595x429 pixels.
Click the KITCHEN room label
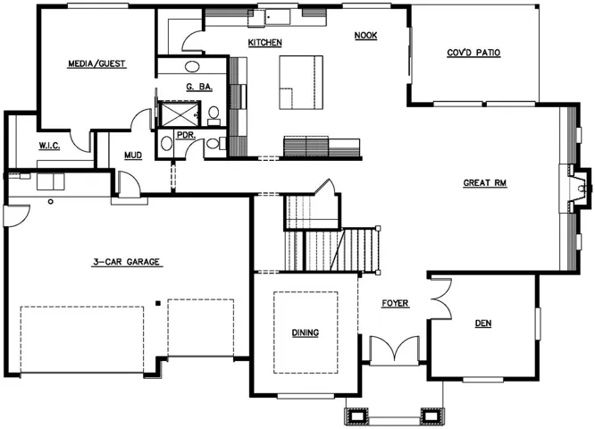pyautogui.click(x=264, y=43)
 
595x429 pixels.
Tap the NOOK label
pyautogui.click(x=365, y=36)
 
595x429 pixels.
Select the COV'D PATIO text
pyautogui.click(x=473, y=53)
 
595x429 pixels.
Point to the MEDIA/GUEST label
pyautogui.click(x=96, y=63)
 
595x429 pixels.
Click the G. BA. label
pyautogui.click(x=199, y=87)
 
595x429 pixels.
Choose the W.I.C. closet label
pyautogui.click(x=49, y=146)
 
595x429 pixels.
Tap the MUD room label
pyautogui.click(x=133, y=156)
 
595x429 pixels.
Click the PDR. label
pyautogui.click(x=187, y=135)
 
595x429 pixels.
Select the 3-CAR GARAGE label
pyautogui.click(x=126, y=262)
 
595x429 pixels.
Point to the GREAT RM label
pyautogui.click(x=485, y=183)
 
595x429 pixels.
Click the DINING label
pyautogui.click(x=305, y=333)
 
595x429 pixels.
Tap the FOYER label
pyautogui.click(x=395, y=303)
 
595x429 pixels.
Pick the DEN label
pyautogui.click(x=483, y=324)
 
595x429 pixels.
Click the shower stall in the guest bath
pyautogui.click(x=180, y=114)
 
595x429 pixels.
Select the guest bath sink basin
pyautogui.click(x=192, y=67)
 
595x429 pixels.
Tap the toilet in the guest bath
pyautogui.click(x=214, y=116)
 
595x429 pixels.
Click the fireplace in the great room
pyautogui.click(x=576, y=189)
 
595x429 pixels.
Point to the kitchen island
pyautogui.click(x=301, y=82)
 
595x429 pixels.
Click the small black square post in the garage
pyautogui.click(x=158, y=303)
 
